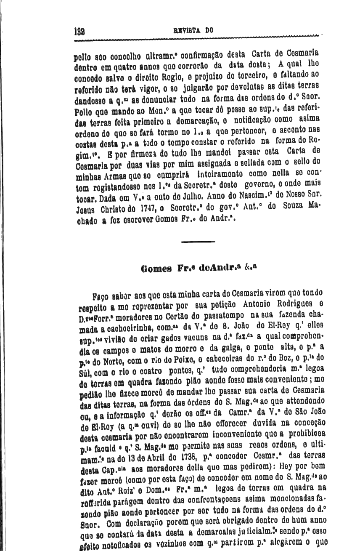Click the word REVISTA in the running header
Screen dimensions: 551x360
pos(186,30)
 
